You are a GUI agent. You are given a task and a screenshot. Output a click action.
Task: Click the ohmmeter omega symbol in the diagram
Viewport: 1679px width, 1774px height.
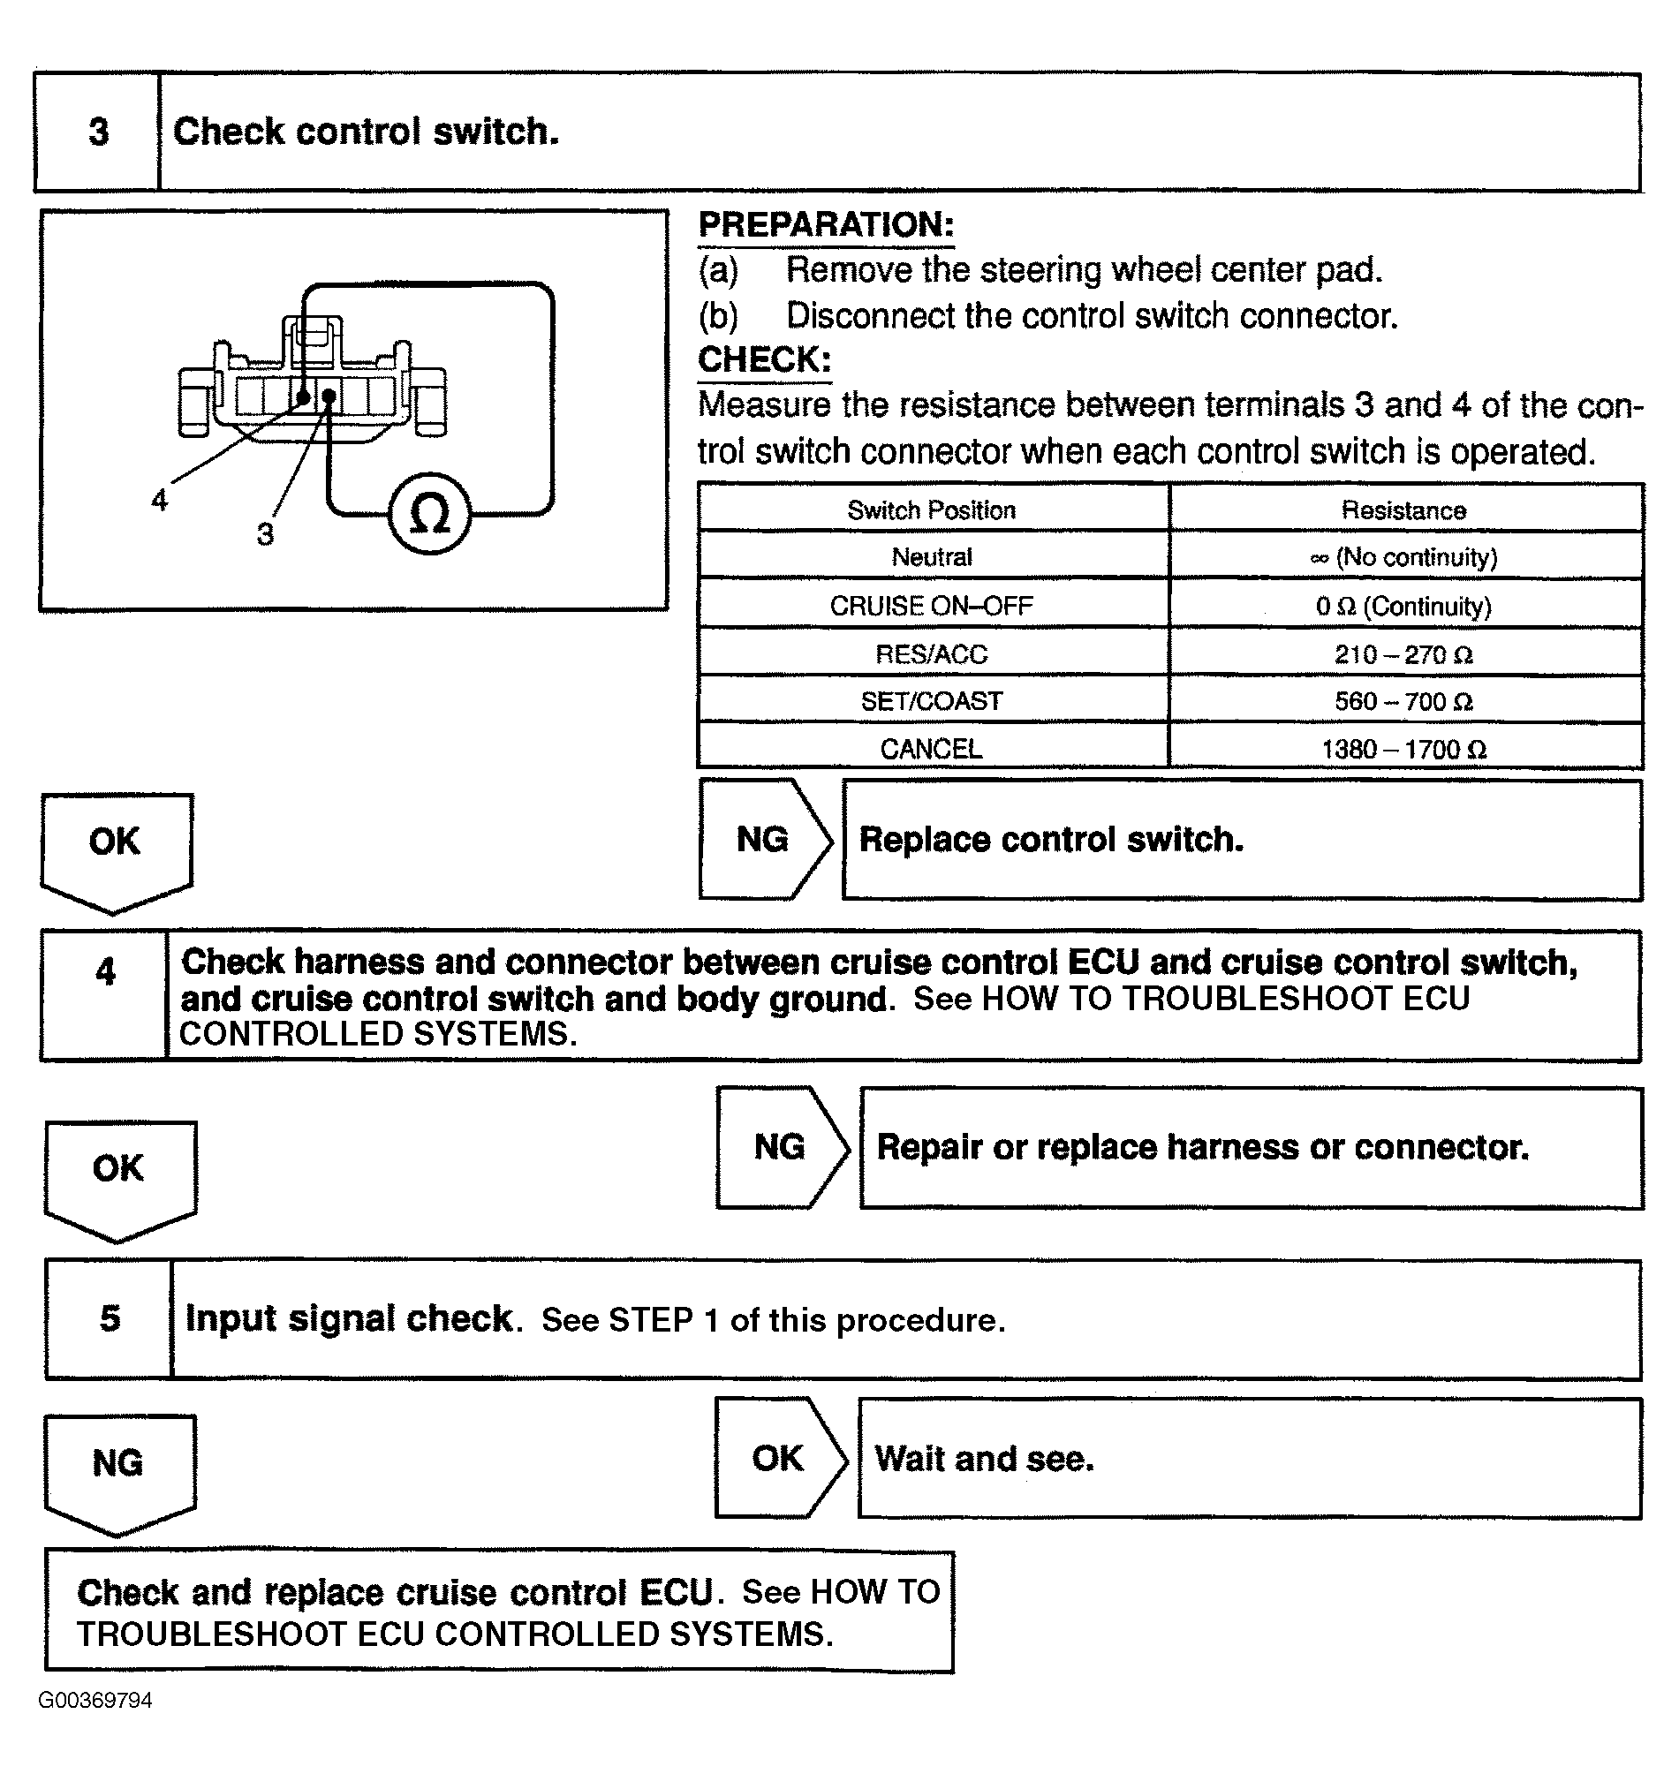(x=429, y=515)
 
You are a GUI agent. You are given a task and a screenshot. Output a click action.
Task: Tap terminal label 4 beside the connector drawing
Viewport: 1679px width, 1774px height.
(x=159, y=500)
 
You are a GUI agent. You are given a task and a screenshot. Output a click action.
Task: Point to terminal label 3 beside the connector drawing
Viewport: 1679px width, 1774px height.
(x=265, y=534)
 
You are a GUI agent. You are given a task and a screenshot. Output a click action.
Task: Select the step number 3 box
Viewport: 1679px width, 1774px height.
(x=97, y=132)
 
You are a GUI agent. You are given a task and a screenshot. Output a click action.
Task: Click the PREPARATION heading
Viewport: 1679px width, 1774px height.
(x=825, y=224)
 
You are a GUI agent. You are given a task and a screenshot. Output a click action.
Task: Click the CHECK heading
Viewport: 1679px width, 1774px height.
(x=764, y=359)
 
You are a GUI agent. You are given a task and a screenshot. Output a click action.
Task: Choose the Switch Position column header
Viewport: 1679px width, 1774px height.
(x=931, y=510)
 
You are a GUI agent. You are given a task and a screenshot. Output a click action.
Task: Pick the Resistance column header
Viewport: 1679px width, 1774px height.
(x=1403, y=510)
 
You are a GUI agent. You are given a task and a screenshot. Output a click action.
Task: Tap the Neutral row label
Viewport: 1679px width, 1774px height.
(x=931, y=557)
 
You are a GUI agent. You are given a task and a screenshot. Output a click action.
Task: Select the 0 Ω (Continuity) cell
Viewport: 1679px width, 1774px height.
(x=1403, y=607)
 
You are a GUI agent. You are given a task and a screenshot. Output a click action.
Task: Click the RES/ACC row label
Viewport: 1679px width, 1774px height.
(x=931, y=654)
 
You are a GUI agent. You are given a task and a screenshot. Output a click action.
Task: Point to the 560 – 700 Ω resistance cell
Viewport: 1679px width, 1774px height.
(x=1403, y=701)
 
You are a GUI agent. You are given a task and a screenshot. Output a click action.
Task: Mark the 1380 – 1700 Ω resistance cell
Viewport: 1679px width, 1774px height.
(x=1403, y=749)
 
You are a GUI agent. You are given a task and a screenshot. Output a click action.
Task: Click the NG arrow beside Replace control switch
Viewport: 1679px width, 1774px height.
(x=763, y=839)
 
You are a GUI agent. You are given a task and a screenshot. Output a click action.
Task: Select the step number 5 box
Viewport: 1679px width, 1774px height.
(x=110, y=1318)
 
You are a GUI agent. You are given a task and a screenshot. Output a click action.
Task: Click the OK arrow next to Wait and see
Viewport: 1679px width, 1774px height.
(x=778, y=1458)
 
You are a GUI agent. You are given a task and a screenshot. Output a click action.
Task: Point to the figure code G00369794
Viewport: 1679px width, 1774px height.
(x=95, y=1701)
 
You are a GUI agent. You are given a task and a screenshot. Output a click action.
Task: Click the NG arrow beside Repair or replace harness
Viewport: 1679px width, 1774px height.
(x=780, y=1147)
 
